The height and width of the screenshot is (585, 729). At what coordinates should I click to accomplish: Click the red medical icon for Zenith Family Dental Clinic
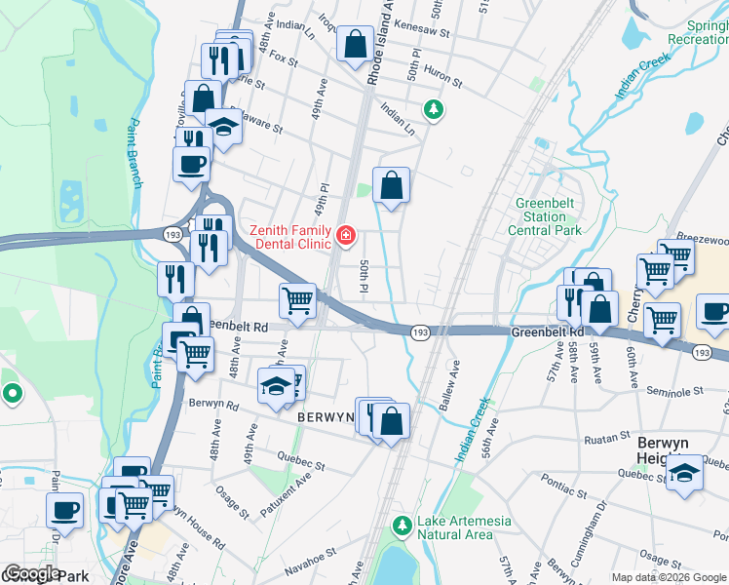[x=345, y=235]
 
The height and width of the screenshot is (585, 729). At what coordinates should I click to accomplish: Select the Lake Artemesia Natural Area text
[x=463, y=527]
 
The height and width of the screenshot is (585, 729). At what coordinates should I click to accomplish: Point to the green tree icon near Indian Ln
[x=431, y=109]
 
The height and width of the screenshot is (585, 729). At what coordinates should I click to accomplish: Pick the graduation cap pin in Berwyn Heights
[x=685, y=474]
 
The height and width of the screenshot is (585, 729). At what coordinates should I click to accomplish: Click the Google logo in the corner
[x=31, y=574]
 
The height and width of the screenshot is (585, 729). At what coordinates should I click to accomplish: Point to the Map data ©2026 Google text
[x=669, y=577]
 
